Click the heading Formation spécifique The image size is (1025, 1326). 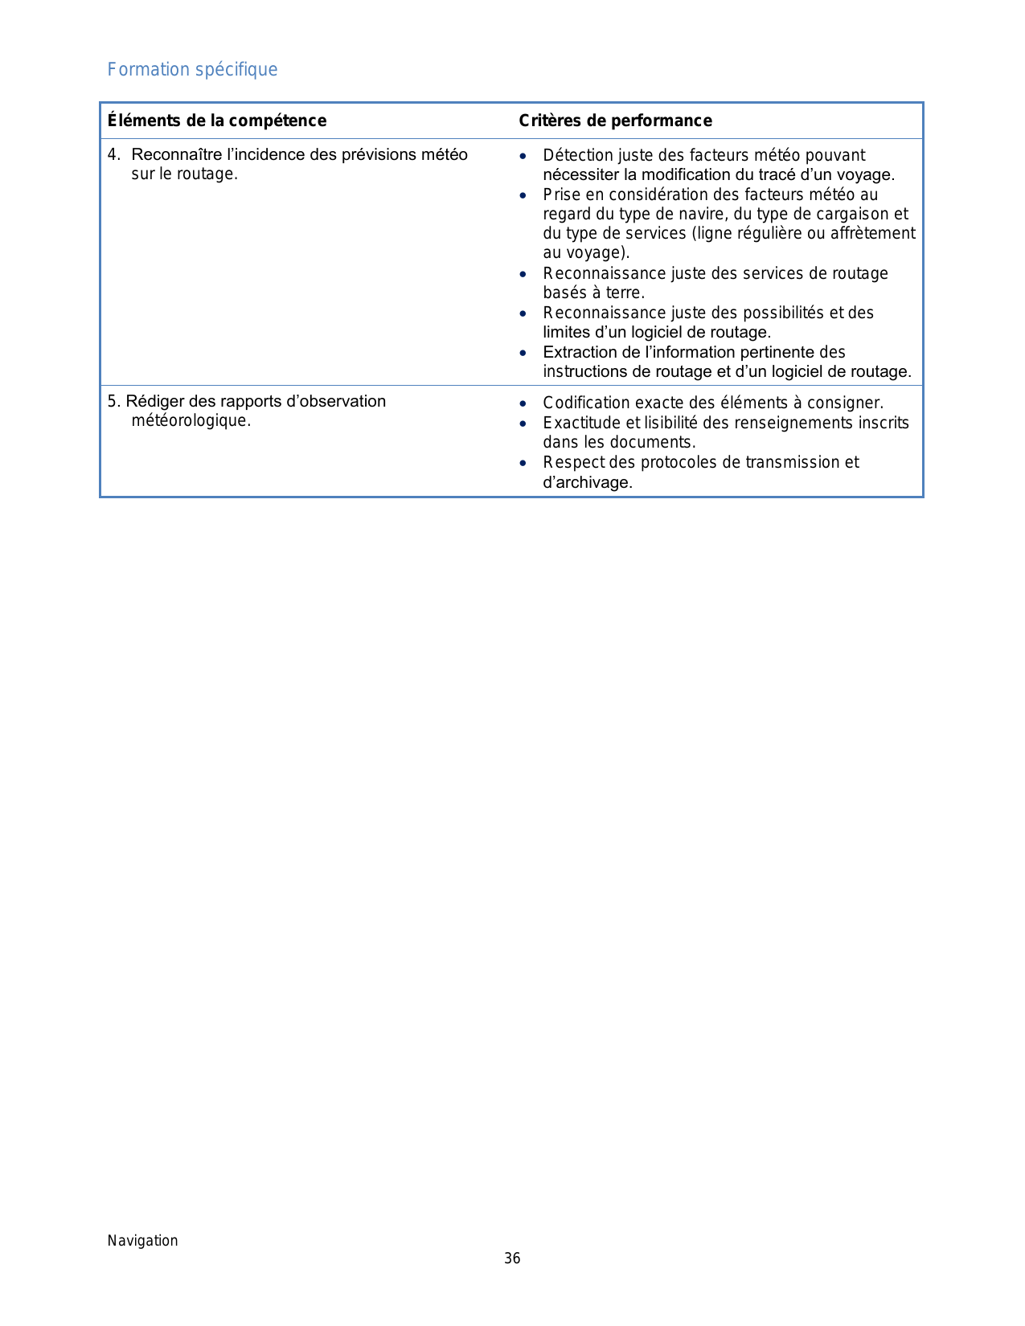(192, 70)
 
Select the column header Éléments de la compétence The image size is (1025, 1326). (217, 121)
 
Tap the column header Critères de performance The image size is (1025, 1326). (615, 121)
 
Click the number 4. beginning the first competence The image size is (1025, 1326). (114, 154)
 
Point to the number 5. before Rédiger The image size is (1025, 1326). (114, 401)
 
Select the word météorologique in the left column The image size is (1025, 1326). (191, 421)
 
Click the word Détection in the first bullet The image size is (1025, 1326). (578, 155)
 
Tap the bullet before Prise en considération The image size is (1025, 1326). (523, 195)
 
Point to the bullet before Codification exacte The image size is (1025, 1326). (523, 403)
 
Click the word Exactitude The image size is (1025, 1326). (581, 423)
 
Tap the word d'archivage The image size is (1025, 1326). (588, 482)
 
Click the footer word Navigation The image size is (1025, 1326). (143, 1240)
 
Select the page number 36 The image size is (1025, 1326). (512, 1258)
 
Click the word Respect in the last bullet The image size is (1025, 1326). (572, 462)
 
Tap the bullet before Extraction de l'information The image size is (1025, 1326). (523, 353)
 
